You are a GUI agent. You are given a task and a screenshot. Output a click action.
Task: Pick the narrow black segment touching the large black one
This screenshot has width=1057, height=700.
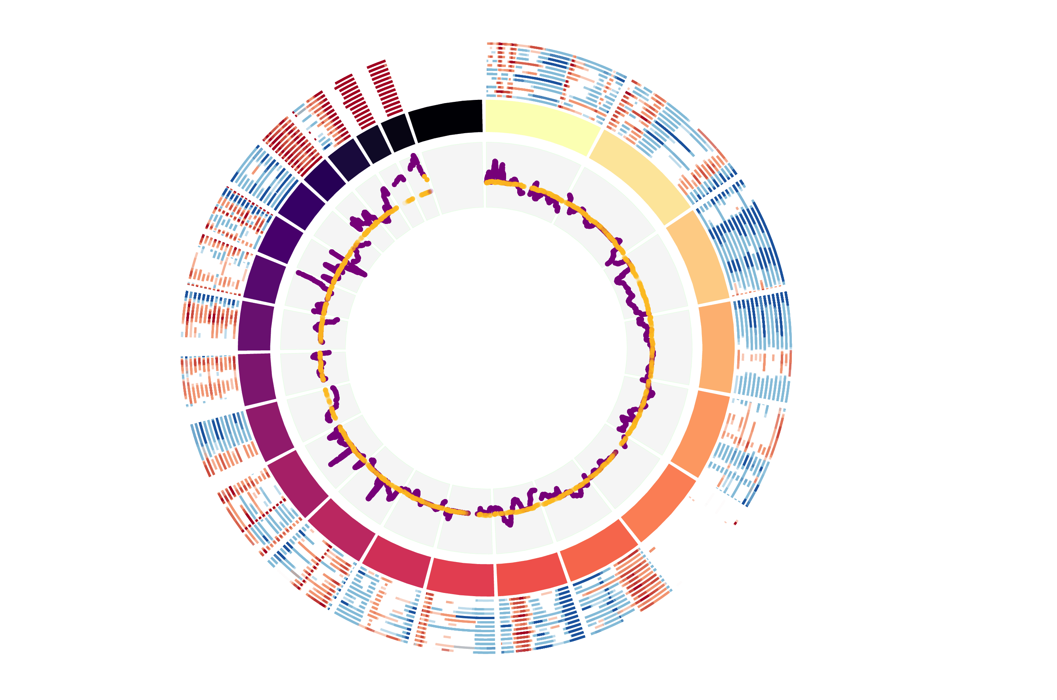[397, 132]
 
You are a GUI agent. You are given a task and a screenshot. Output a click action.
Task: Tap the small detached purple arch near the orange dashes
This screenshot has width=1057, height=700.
[398, 180]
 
